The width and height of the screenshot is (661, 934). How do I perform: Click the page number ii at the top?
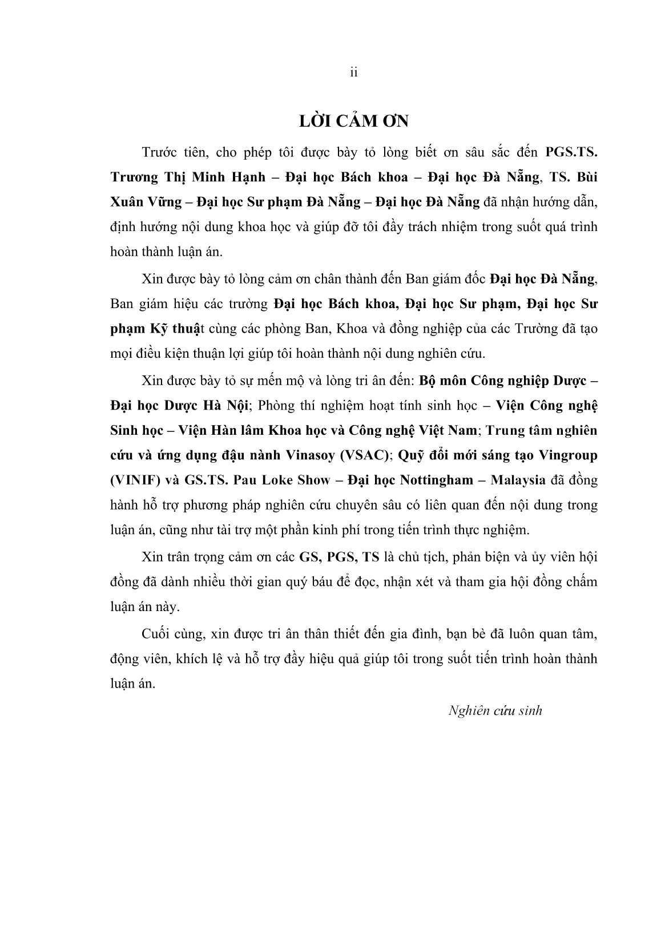coord(353,73)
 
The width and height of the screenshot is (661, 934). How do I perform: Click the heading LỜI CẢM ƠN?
coord(354,122)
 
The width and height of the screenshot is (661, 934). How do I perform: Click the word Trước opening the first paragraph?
coord(158,152)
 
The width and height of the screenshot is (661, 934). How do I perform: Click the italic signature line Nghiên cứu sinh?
coord(495,711)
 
